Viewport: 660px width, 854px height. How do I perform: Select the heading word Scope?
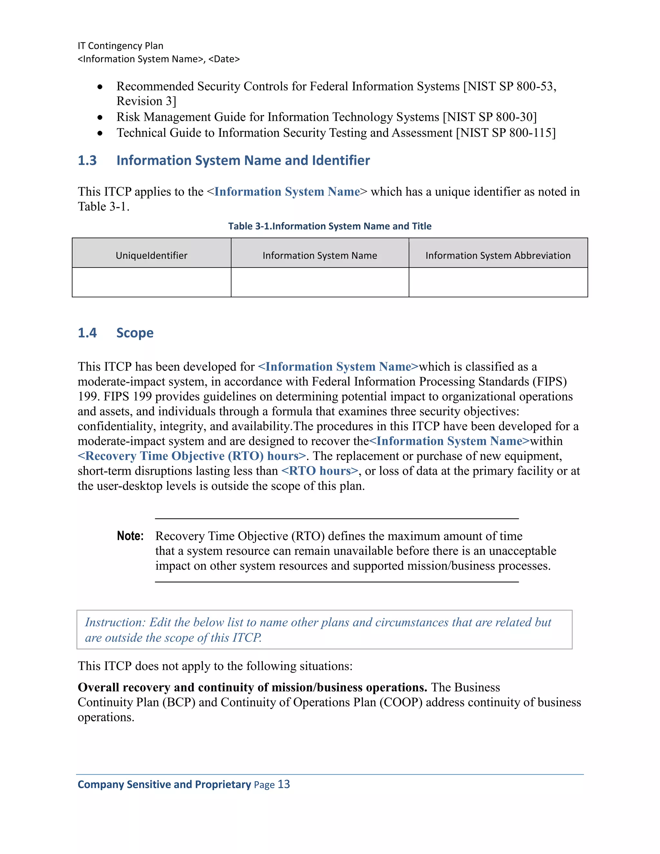coord(135,333)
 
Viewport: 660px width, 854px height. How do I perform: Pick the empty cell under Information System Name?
coord(319,282)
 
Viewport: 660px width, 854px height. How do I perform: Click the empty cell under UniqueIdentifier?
coord(151,282)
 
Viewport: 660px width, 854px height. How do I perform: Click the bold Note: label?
coord(130,536)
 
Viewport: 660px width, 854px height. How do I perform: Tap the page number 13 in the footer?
coord(284,784)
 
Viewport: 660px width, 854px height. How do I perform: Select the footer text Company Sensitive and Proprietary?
coord(164,784)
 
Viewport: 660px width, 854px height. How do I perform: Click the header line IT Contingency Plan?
coord(121,46)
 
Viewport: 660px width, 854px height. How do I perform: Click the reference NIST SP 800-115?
coord(506,133)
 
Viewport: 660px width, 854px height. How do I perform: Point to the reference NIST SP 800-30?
coord(490,117)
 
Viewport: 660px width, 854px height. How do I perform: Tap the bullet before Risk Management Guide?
coord(100,117)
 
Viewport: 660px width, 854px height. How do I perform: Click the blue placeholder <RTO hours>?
coord(319,471)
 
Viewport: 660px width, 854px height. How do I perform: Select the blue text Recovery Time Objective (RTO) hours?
coord(192,456)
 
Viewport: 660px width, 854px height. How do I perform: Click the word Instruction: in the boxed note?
coord(115,622)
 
